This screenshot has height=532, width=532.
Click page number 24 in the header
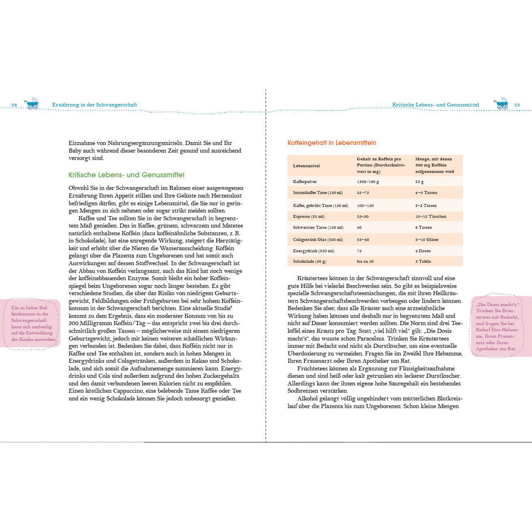(14, 105)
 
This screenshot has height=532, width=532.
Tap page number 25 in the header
(517, 105)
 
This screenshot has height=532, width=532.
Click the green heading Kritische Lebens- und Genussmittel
(126, 175)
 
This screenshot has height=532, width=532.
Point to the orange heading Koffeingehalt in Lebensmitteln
(332, 143)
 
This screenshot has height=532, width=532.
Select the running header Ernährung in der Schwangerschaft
(95, 105)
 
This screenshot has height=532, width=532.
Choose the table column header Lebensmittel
(306, 166)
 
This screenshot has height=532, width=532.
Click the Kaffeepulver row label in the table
(305, 182)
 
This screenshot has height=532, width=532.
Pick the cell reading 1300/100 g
(368, 182)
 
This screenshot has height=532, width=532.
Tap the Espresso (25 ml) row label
(308, 217)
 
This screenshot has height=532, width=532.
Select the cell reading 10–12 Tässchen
(431, 217)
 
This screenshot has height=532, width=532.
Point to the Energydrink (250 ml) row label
(313, 251)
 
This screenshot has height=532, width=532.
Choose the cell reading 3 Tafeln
(423, 262)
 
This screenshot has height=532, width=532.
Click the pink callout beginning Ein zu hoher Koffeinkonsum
(32, 323)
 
